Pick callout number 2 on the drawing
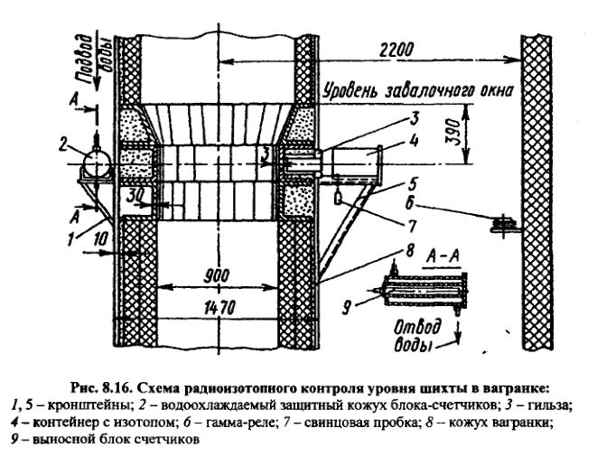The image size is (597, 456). [x=61, y=145]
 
